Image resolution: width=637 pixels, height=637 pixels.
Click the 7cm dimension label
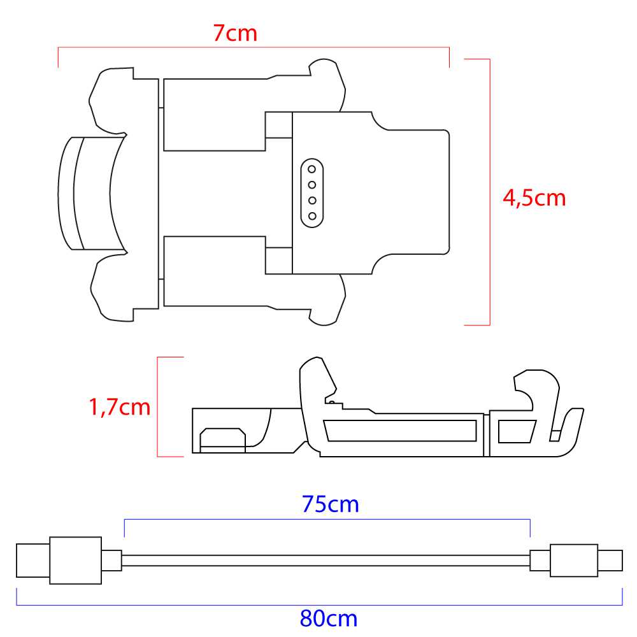[x=235, y=33]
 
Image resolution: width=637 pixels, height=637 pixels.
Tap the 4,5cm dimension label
[x=534, y=198]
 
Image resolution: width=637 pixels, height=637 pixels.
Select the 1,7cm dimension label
[x=120, y=407]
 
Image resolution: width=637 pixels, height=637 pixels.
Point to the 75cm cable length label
[x=330, y=504]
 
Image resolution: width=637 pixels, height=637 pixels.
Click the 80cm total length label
[x=329, y=619]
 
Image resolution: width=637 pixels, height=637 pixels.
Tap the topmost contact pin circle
[x=312, y=169]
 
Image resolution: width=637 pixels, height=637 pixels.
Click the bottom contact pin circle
[x=312, y=216]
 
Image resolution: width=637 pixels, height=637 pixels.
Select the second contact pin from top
[x=312, y=185]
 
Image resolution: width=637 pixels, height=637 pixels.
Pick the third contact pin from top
[x=312, y=200]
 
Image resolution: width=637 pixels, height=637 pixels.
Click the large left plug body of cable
[x=76, y=561]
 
